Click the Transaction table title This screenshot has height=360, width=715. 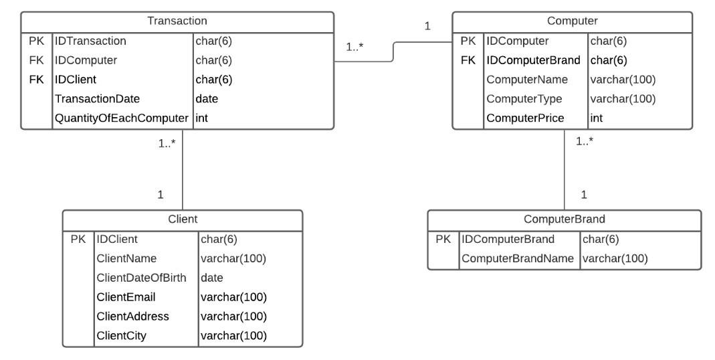pyautogui.click(x=177, y=21)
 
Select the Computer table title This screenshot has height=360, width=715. pyautogui.click(x=572, y=21)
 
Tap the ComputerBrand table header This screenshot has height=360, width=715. pyautogui.click(x=565, y=219)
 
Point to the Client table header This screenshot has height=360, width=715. pyautogui.click(x=182, y=219)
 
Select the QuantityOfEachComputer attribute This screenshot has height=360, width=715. pyautogui.click(x=122, y=118)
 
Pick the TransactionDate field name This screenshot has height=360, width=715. pyautogui.click(x=98, y=99)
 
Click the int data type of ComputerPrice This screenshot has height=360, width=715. pyautogui.click(x=597, y=118)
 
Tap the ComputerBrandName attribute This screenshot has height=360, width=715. pyautogui.click(x=518, y=258)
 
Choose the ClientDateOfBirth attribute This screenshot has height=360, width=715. pyautogui.click(x=141, y=278)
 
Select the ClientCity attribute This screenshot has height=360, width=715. pyautogui.click(x=121, y=336)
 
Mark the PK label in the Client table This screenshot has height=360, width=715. pyautogui.click(x=78, y=239)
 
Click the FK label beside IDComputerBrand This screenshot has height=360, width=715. pyautogui.click(x=468, y=60)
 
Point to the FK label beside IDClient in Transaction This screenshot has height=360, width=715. pyautogui.click(x=36, y=80)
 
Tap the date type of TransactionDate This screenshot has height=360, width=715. pyautogui.click(x=207, y=99)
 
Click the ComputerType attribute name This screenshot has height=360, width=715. pyautogui.click(x=525, y=99)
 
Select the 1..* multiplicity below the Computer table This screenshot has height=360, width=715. pyautogui.click(x=585, y=141)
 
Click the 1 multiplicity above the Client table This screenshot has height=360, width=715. pyautogui.click(x=161, y=195)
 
